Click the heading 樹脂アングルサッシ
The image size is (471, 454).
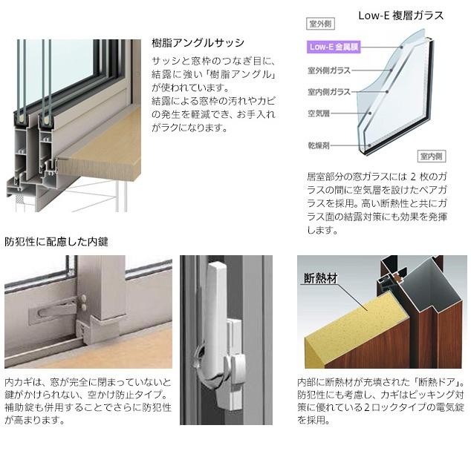pyautogui.click(x=197, y=43)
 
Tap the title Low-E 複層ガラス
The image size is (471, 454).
pyautogui.click(x=401, y=14)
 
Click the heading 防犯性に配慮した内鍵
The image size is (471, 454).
pyautogui.click(x=56, y=242)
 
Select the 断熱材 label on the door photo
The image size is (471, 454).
pyautogui.click(x=320, y=280)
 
